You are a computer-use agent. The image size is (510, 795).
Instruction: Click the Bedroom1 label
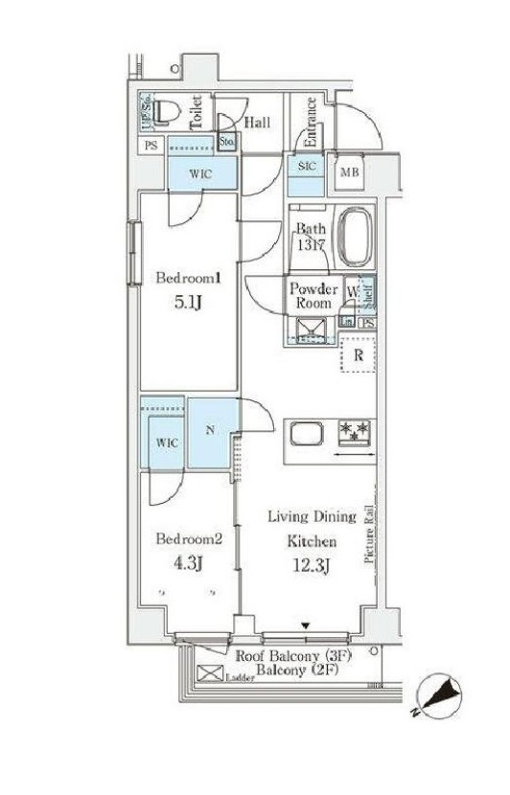pyautogui.click(x=189, y=279)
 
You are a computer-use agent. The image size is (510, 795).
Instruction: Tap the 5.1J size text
pyautogui.click(x=189, y=305)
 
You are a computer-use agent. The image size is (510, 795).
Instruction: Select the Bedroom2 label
pyautogui.click(x=189, y=538)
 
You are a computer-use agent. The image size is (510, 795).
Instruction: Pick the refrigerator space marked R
pyautogui.click(x=358, y=355)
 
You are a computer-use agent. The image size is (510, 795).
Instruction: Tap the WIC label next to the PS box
pyautogui.click(x=200, y=173)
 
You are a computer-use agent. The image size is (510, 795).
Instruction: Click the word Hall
pyautogui.click(x=256, y=123)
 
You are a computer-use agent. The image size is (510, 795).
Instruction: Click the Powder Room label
pyautogui.click(x=313, y=295)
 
